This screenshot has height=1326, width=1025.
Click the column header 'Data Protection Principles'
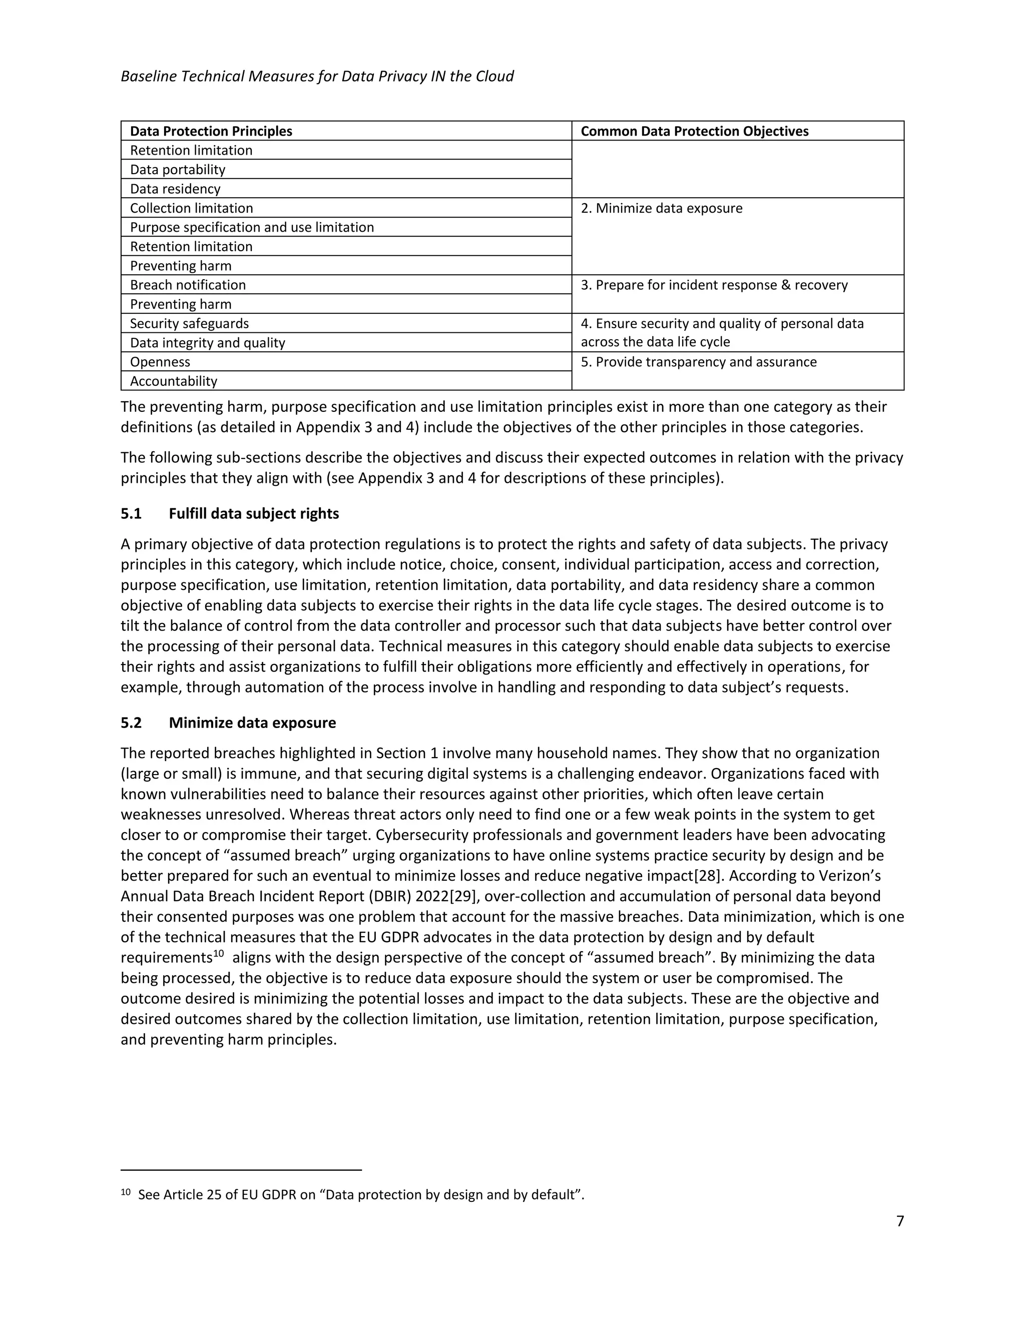211,131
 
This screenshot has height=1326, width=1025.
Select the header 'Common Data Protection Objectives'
694,131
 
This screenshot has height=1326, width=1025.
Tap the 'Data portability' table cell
177,170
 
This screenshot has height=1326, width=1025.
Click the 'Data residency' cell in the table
175,189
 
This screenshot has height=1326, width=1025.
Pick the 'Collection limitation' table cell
191,208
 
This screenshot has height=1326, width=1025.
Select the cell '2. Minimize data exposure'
661,208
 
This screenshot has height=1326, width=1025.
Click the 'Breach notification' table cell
188,285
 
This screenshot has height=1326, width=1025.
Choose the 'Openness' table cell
160,362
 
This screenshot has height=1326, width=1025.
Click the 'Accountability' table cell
173,381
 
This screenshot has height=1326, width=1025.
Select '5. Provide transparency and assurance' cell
698,362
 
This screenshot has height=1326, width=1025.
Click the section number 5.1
131,514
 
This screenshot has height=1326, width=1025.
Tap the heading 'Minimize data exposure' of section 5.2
252,723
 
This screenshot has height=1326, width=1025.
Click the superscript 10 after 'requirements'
219,954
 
